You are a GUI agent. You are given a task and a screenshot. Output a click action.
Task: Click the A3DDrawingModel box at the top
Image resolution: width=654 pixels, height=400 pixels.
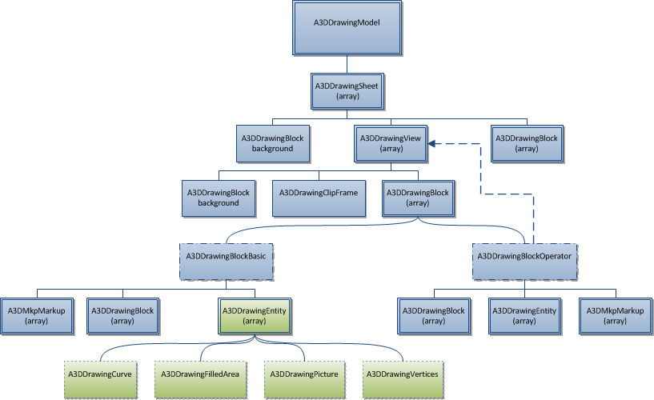pos(347,28)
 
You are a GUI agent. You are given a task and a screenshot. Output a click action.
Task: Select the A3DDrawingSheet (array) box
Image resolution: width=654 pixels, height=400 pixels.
pos(347,90)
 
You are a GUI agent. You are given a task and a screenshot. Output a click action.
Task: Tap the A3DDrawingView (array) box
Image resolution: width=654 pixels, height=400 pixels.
pos(390,143)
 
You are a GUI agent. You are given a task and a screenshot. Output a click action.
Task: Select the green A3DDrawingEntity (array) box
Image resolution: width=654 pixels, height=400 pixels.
pos(254,315)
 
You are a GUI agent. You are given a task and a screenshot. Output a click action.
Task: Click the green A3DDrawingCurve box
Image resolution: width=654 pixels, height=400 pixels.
pos(99,374)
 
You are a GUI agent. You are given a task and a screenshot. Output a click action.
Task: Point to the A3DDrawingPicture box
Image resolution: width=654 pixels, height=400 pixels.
pos(303,374)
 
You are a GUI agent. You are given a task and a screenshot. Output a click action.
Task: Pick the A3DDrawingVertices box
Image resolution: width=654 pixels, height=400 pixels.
pos(402,374)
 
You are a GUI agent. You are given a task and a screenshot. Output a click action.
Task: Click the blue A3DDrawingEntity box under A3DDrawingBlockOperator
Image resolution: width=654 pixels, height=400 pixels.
pos(524,315)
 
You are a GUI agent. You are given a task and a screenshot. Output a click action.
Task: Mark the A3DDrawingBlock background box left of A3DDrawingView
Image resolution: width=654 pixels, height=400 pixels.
pos(273,143)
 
